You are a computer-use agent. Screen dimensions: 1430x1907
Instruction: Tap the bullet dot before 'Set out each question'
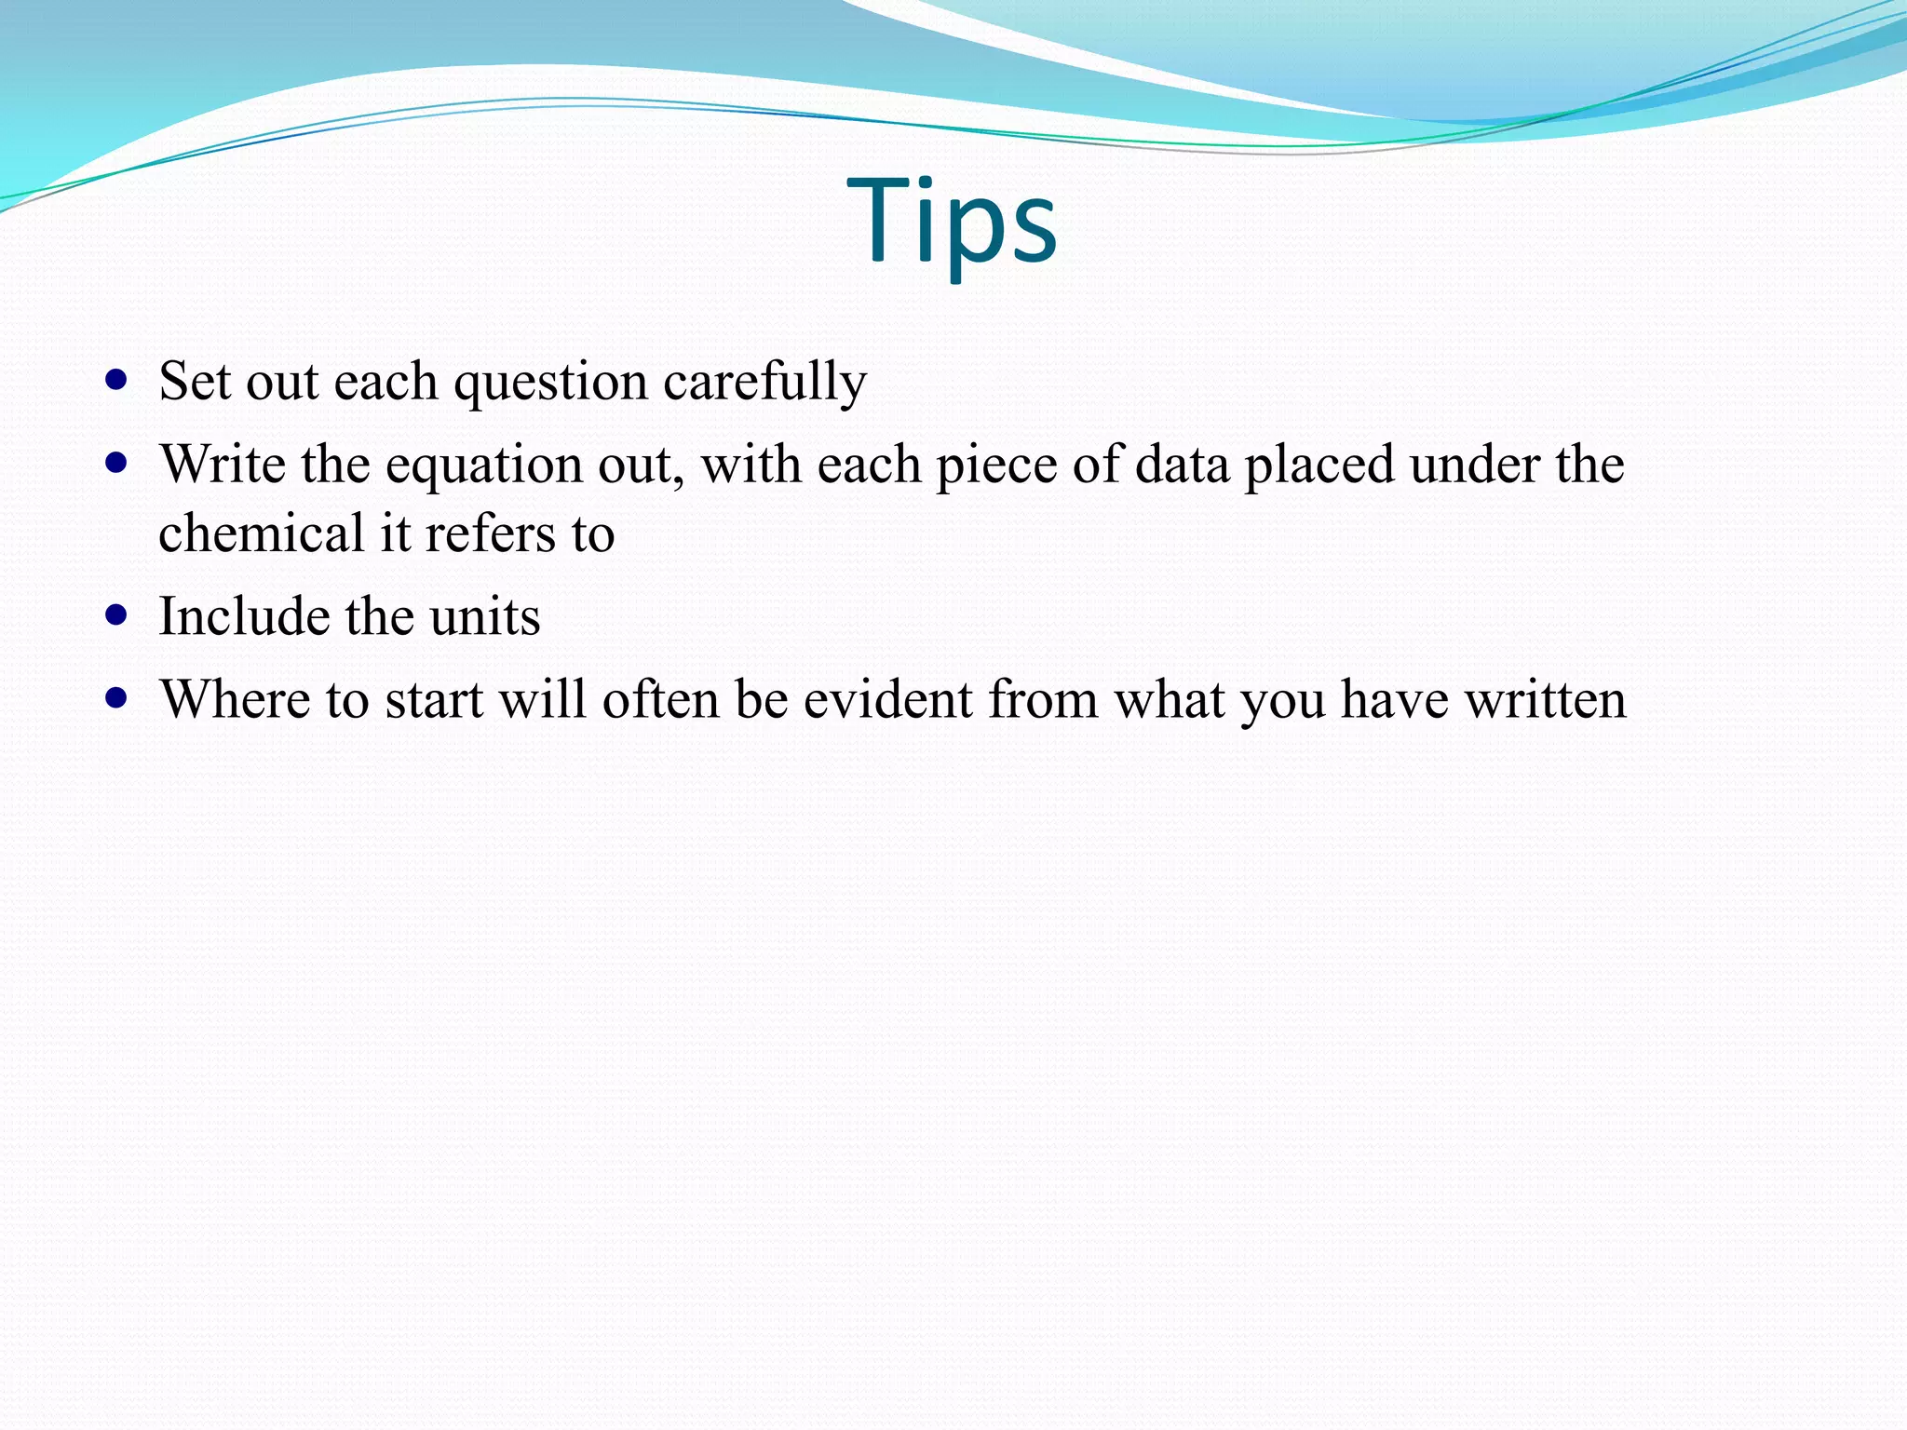(116, 380)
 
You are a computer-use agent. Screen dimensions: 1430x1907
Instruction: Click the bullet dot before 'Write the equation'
(116, 463)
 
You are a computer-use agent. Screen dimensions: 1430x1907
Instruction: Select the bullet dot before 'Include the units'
(116, 615)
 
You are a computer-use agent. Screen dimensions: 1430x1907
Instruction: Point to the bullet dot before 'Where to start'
(116, 698)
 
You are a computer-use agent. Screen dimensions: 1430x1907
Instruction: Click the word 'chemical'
(262, 533)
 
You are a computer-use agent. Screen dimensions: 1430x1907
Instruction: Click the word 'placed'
(1319, 465)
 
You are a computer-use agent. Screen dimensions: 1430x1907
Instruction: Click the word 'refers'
(492, 533)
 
